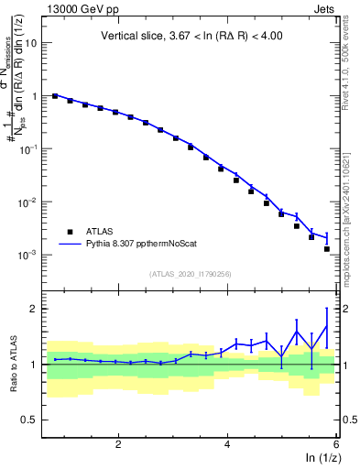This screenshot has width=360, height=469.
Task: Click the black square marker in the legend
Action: coord(69,232)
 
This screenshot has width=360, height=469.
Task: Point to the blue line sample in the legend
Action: coord(69,245)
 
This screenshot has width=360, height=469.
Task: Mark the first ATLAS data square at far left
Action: coord(55,95)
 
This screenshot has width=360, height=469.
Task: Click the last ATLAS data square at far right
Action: coord(327,248)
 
